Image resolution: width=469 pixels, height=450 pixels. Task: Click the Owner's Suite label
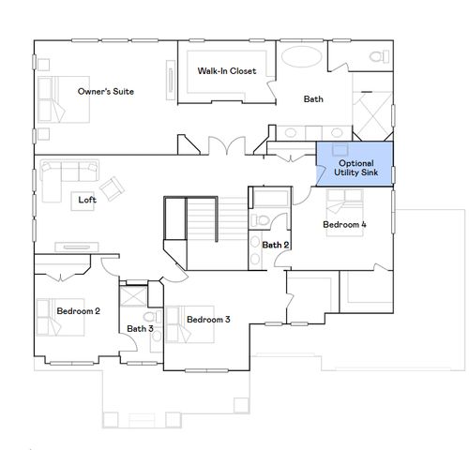pos(105,91)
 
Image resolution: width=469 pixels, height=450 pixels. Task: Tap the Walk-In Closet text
pos(226,70)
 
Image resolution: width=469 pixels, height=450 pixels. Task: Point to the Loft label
pos(86,199)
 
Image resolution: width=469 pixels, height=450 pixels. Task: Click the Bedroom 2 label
pos(78,310)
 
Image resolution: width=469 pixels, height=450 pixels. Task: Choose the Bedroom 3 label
pos(208,320)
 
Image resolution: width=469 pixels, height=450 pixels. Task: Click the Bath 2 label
pos(275,245)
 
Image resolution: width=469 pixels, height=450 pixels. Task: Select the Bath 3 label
pos(140,327)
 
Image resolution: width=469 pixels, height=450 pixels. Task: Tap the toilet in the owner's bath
pos(377,57)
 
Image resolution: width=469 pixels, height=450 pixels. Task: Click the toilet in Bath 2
pos(265,220)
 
